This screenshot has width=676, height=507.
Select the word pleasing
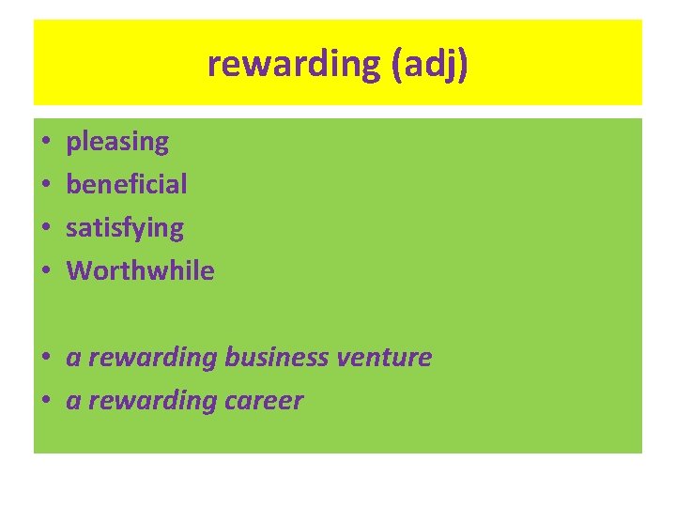coord(117,143)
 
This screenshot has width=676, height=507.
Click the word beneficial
coord(127,184)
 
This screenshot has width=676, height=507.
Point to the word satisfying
coord(125,228)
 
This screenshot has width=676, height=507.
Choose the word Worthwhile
coord(140,271)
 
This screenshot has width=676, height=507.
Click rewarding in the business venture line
coord(152,359)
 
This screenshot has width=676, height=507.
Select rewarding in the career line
coord(152,402)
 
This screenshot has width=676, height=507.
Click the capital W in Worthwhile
coord(78,271)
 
